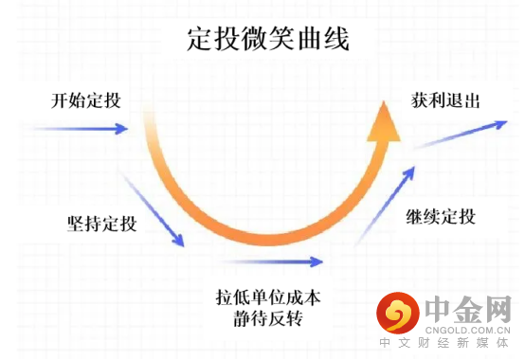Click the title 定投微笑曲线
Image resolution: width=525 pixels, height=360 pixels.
point(268,39)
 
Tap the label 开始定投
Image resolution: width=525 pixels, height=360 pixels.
point(86,100)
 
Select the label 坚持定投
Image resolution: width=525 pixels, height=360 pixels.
point(102,224)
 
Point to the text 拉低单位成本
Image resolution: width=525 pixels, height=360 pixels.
point(268,297)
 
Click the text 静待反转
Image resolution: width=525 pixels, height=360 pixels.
point(268,318)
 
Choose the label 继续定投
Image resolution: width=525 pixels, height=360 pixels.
point(441,216)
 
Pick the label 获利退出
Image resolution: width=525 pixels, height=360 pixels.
point(445,100)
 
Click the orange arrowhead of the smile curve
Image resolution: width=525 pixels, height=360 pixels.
point(384,121)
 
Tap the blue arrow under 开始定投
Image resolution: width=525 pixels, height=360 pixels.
point(81,129)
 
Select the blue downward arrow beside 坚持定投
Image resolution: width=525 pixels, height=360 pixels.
point(153,209)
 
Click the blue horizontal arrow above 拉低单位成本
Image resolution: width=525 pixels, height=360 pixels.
point(271,261)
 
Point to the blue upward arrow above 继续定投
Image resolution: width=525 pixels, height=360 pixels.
point(385,206)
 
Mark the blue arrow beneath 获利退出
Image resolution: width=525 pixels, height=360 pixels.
point(461,135)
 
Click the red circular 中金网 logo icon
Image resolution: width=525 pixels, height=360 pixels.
point(398,313)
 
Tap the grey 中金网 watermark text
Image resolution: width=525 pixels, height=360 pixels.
point(468,309)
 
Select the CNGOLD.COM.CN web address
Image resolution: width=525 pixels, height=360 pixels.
point(468,331)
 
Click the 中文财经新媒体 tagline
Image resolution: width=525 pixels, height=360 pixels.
point(444,343)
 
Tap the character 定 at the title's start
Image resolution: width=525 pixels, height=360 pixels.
point(200,39)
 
